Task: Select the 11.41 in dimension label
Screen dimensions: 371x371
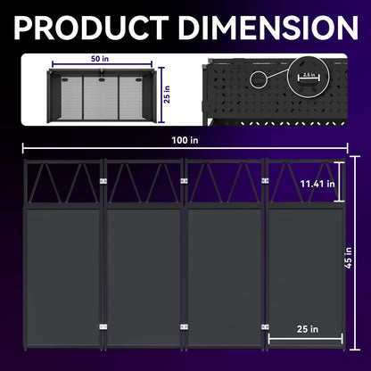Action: [317, 184]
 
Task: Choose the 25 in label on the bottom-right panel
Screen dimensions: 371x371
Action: [307, 329]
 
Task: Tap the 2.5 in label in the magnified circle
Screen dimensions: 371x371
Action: [308, 75]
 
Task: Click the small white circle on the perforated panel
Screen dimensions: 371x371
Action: [259, 80]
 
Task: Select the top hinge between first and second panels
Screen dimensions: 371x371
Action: [104, 182]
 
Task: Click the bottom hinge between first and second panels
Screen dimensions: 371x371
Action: [104, 326]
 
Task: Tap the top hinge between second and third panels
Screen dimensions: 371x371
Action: [183, 181]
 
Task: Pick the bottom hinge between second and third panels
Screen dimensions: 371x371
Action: [183, 326]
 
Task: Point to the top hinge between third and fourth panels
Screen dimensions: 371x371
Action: [264, 181]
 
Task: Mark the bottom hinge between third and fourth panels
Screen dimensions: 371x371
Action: [264, 326]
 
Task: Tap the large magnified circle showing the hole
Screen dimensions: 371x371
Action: [308, 77]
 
